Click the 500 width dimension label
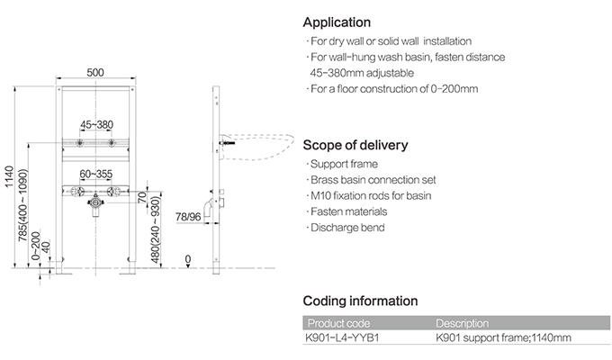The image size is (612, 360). [x=95, y=73]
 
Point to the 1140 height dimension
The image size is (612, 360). [x=9, y=177]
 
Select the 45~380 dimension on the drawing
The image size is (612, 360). [x=96, y=125]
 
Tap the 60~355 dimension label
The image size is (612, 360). [x=96, y=174]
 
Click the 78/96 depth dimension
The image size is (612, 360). [x=188, y=217]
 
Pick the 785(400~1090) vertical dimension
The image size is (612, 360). [x=23, y=205]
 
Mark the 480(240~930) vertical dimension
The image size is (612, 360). [x=156, y=230]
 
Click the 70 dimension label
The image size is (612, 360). [x=143, y=197]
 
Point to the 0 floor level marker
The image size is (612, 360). [x=188, y=259]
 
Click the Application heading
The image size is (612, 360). [x=337, y=22]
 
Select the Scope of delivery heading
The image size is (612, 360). [x=355, y=145]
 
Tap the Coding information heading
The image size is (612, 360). [x=360, y=301]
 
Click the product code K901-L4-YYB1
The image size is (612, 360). [x=342, y=337]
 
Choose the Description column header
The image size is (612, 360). [x=462, y=324]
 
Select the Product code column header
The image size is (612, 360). [x=338, y=324]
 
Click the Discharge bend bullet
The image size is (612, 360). [x=346, y=228]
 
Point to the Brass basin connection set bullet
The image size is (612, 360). [x=371, y=180]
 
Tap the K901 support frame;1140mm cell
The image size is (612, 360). [x=503, y=337]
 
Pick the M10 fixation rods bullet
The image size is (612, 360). [x=369, y=196]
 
